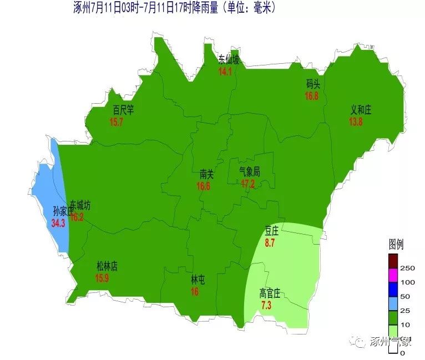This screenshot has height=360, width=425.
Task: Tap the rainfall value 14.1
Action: coord(225,72)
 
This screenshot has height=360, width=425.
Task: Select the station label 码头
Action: coord(313,84)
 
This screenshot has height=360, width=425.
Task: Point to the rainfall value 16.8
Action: coord(312,96)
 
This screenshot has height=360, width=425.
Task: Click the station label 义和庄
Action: coord(361,110)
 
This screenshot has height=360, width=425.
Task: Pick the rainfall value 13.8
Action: coord(356,122)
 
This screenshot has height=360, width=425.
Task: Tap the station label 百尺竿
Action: coord(123,110)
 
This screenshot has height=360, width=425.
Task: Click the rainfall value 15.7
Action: coord(117,122)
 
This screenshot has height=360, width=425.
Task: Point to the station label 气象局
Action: coord(249,172)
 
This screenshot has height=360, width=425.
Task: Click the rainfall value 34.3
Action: coord(58,223)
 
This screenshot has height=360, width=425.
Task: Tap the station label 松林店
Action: coord(107,267)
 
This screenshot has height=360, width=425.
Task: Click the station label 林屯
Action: coord(198,280)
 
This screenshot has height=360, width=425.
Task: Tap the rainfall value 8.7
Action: coord(270,243)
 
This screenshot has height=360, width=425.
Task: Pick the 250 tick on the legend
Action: coord(407,268)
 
